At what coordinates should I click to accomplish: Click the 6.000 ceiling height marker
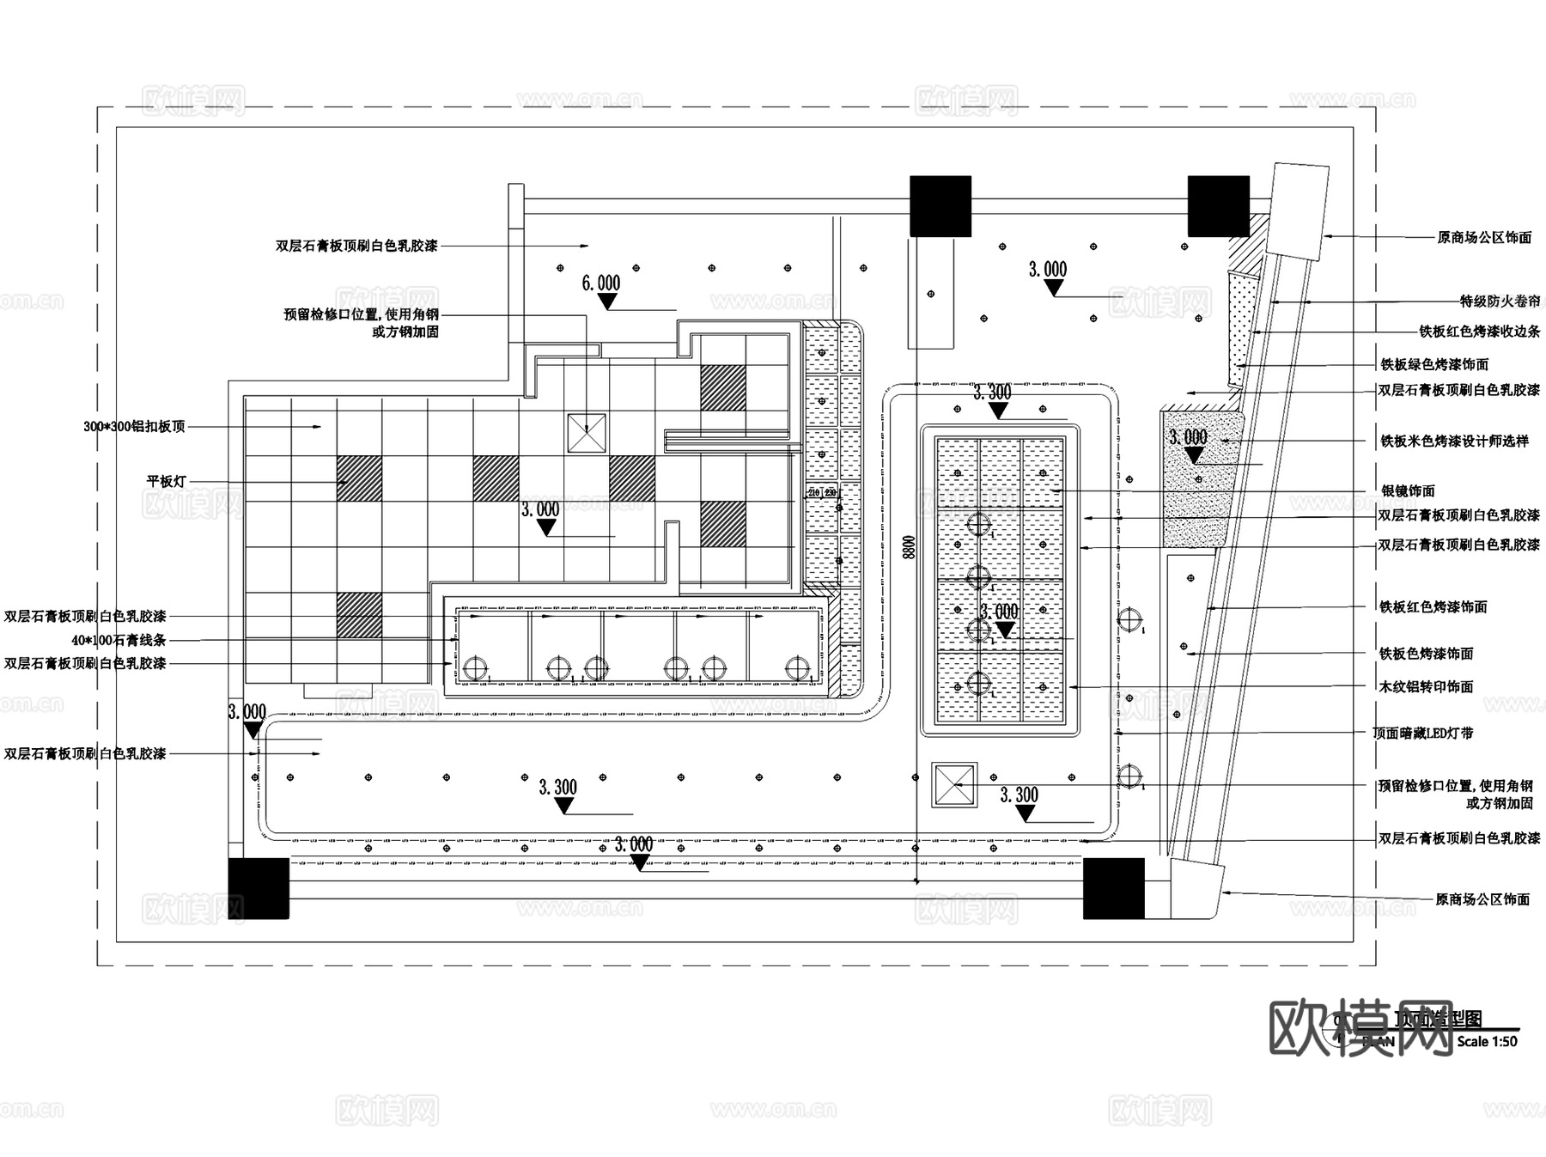(601, 284)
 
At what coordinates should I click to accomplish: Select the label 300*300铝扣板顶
(134, 426)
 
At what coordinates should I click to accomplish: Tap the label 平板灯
(166, 482)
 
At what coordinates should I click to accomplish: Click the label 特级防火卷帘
(1500, 301)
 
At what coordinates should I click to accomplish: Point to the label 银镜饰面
(1408, 491)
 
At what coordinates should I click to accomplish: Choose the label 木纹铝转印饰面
(1426, 686)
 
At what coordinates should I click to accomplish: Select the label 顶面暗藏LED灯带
(1422, 733)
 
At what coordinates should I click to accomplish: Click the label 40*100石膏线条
(119, 640)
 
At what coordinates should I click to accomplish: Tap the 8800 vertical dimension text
(910, 546)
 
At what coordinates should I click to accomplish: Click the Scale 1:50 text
(1487, 1041)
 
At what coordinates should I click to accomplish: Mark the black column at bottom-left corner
(259, 888)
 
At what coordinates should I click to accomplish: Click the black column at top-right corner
(1218, 206)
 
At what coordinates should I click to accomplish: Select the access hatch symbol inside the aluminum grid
(587, 433)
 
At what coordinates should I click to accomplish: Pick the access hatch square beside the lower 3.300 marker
(954, 784)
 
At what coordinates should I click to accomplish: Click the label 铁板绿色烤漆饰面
(1434, 364)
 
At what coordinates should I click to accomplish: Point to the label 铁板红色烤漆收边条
(1479, 332)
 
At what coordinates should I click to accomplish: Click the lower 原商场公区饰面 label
(1482, 899)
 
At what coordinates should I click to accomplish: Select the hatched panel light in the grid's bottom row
(359, 615)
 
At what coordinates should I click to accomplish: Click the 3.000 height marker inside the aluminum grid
(540, 510)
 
